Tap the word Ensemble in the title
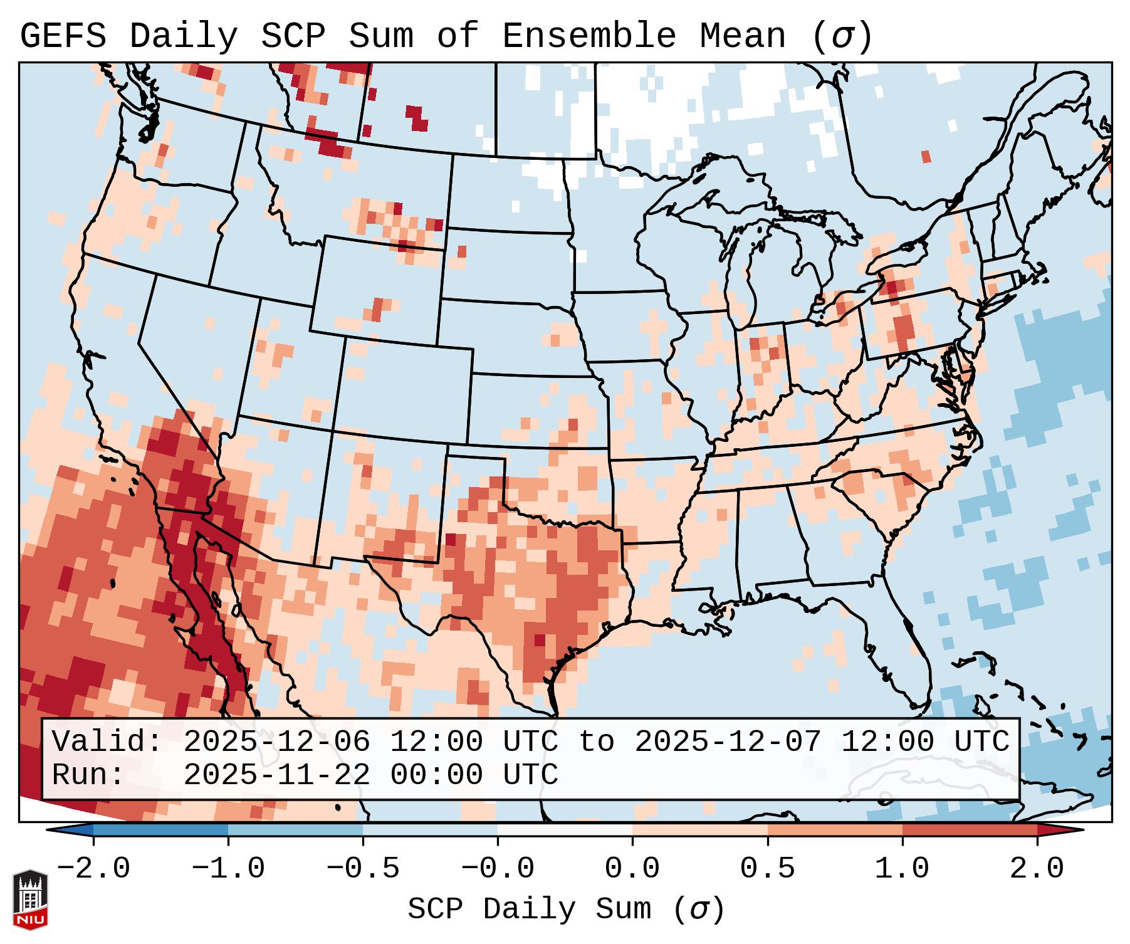[x=589, y=36]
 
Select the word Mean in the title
[x=742, y=36]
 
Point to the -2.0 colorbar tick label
[x=93, y=869]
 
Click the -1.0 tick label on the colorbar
[x=228, y=869]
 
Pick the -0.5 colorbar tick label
[x=363, y=869]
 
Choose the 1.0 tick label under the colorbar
[x=902, y=869]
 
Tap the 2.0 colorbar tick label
[x=1037, y=869]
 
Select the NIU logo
[x=30, y=900]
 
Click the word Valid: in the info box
[x=107, y=742]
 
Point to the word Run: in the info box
[x=88, y=775]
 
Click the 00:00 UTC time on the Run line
[x=474, y=775]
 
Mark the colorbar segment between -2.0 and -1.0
[x=160, y=830]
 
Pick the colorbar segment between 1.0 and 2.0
[x=970, y=830]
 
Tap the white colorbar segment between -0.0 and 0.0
[x=565, y=830]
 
